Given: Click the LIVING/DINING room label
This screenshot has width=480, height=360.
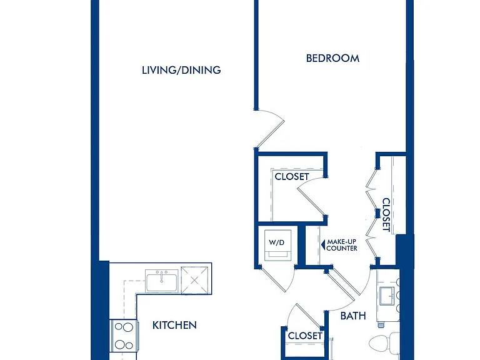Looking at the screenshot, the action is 181,70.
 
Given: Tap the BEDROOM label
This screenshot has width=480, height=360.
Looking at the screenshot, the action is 332,58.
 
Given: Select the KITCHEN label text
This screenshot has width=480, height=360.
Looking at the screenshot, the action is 174,325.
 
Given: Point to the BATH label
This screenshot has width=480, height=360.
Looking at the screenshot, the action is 353,316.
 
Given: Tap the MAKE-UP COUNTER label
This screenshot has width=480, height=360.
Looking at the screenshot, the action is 342,245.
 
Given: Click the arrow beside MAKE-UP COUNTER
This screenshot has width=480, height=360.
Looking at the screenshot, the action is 322,245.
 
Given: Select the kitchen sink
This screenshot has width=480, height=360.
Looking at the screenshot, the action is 161,281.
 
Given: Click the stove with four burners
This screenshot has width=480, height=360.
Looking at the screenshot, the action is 124,336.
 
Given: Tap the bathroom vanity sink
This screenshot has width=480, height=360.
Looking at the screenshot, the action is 388,296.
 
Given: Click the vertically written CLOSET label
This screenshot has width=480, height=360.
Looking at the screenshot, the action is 386,215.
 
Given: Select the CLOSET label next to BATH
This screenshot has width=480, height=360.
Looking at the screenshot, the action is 305,336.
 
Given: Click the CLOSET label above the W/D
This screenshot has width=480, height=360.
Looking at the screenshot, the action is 292,177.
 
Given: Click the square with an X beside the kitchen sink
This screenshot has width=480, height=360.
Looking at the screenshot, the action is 195,281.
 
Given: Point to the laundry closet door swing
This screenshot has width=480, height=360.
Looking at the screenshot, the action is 276,279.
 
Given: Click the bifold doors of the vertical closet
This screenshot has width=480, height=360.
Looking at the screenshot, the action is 371,214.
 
